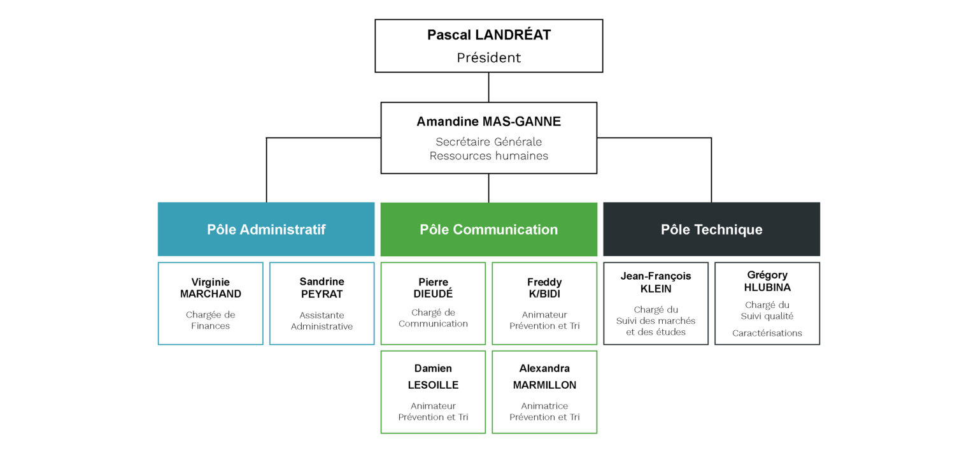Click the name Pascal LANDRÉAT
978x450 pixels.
click(488, 35)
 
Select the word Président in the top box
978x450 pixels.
click(488, 57)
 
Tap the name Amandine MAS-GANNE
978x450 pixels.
click(488, 122)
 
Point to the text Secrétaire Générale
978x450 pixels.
click(488, 142)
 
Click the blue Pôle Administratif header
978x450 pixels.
click(266, 229)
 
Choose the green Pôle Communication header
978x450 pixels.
click(488, 229)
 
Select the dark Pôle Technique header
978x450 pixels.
click(712, 229)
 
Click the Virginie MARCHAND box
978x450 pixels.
click(211, 303)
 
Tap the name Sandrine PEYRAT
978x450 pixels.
click(322, 288)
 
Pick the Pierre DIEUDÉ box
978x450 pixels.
click(433, 303)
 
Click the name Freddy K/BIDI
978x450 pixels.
click(544, 288)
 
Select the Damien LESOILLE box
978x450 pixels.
click(433, 392)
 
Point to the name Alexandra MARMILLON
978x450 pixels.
click(544, 377)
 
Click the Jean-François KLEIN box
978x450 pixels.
click(656, 303)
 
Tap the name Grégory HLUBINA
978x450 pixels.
click(767, 281)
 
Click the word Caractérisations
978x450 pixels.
click(767, 333)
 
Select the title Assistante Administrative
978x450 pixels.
click(322, 321)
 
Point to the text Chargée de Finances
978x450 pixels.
click(211, 320)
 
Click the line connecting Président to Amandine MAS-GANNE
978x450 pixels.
click(488, 87)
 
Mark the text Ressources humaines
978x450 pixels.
click(488, 156)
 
